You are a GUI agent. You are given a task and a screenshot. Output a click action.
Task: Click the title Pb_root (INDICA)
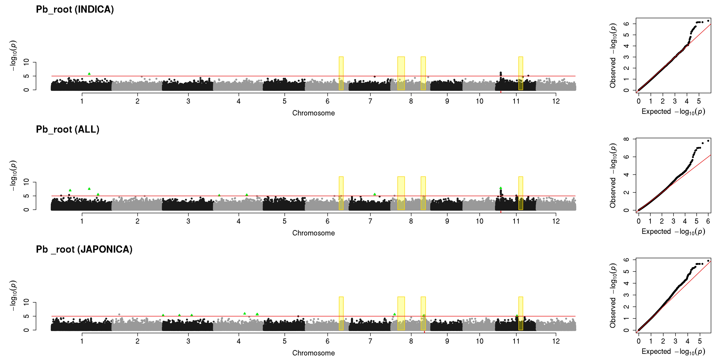coord(75,10)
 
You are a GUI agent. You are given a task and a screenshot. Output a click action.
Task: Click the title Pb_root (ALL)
coord(68,129)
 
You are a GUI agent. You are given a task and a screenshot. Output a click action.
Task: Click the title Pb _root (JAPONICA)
coord(84,249)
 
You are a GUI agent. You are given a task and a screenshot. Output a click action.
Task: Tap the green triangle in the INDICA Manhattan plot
coord(89,74)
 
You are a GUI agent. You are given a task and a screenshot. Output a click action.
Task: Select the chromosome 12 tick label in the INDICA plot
coord(556,101)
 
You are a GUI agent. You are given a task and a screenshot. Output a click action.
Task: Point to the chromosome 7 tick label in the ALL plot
coord(370,221)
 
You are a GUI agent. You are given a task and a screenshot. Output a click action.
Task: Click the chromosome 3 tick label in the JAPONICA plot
coord(188,341)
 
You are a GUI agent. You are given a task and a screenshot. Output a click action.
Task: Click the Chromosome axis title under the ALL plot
coord(314,233)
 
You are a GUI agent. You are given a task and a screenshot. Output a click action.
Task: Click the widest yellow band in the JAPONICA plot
coord(401,313)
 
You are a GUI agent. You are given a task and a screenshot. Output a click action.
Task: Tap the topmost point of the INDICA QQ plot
coord(708,21)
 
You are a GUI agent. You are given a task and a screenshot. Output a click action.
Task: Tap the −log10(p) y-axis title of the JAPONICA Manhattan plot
coord(13,296)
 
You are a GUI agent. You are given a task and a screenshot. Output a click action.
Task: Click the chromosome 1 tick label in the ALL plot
coord(82,221)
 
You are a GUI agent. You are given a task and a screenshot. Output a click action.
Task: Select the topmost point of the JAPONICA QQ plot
coord(708,261)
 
